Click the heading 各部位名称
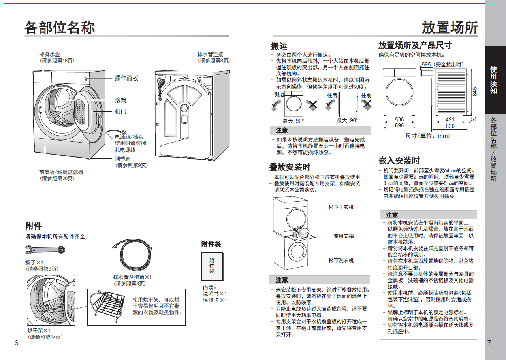[x=60, y=28]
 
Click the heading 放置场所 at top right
[x=450, y=28]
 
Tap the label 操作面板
[x=126, y=78]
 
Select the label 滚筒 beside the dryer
[x=120, y=100]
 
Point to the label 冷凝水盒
[x=49, y=54]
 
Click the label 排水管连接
[x=213, y=54]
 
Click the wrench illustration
[x=46, y=249]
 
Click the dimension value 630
[x=450, y=126]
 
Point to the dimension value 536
[x=399, y=119]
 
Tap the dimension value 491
[x=450, y=119]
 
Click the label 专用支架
[x=344, y=236]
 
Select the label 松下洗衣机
[x=341, y=260]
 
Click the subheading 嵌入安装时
[x=399, y=161]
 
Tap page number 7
[x=489, y=343]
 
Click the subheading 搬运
[x=279, y=46]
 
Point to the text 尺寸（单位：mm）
[x=427, y=136]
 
